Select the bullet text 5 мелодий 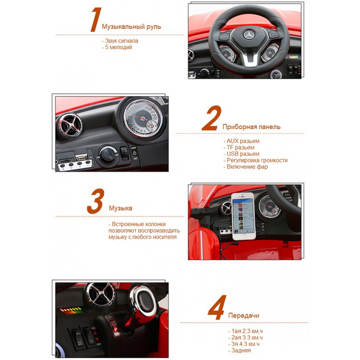click(x=119, y=47)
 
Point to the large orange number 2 click(x=210, y=119)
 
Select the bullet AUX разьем click(x=241, y=140)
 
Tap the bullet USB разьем click(x=241, y=154)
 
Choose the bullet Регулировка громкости click(x=256, y=160)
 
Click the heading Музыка click(x=121, y=209)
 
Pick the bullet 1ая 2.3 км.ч click(x=246, y=331)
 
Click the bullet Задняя click(x=241, y=350)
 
